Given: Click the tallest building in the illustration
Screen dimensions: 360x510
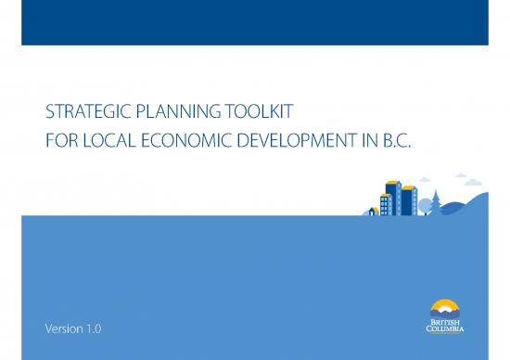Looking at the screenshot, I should (392, 196).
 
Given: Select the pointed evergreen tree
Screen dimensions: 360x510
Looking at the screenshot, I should (435, 200).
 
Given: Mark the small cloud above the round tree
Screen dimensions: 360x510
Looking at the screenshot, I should (425, 180).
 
